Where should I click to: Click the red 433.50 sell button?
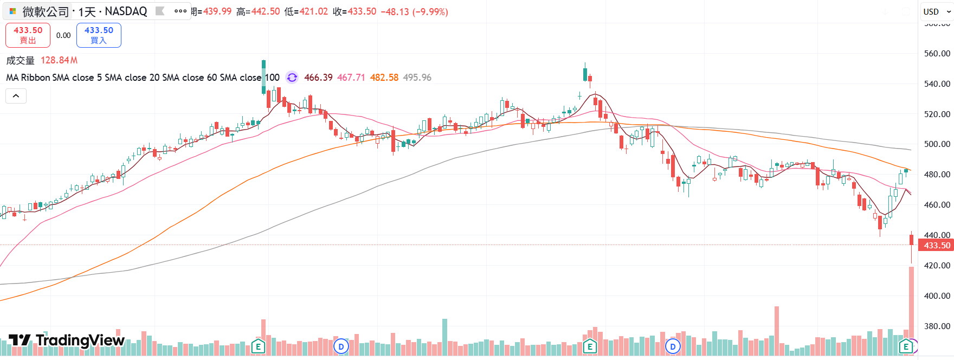pyautogui.click(x=28, y=35)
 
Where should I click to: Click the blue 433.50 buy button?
pyautogui.click(x=99, y=35)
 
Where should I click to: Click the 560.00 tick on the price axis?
pyautogui.click(x=937, y=53)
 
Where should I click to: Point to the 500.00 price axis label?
pyautogui.click(x=937, y=144)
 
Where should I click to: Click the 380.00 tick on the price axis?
pyautogui.click(x=937, y=326)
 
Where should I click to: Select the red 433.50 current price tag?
pyautogui.click(x=937, y=246)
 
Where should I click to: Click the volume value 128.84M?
pyautogui.click(x=59, y=60)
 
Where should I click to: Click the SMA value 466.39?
pyautogui.click(x=318, y=78)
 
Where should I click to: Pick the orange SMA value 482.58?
pyautogui.click(x=384, y=78)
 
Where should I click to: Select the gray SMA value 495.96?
pyautogui.click(x=417, y=78)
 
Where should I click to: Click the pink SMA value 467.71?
pyautogui.click(x=351, y=78)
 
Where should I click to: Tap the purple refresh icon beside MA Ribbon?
pyautogui.click(x=292, y=78)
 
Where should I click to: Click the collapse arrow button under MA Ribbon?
pyautogui.click(x=16, y=96)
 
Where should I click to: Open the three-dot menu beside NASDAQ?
pyautogui.click(x=180, y=11)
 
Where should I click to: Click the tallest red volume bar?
pyautogui.click(x=911, y=309)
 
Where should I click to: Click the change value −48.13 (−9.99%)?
pyautogui.click(x=414, y=11)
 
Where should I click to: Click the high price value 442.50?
pyautogui.click(x=266, y=11)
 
